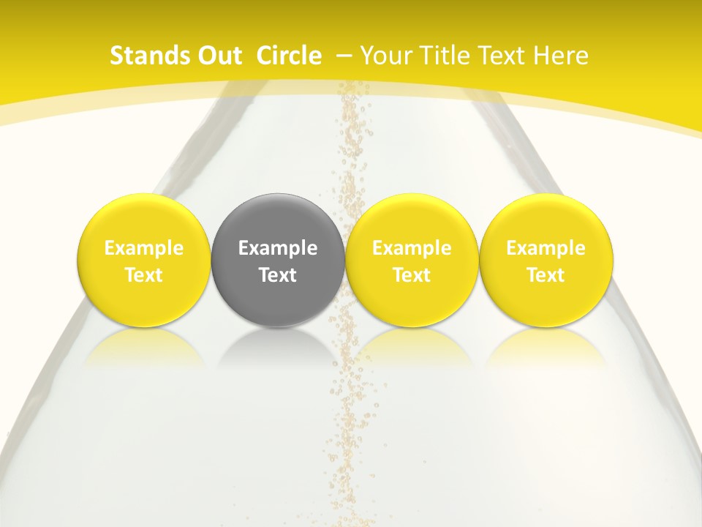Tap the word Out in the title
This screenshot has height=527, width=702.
(x=216, y=56)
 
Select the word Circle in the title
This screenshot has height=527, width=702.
(x=289, y=56)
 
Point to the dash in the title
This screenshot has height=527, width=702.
(x=344, y=56)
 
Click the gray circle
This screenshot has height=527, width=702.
(x=278, y=260)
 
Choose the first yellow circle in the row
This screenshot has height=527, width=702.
(x=144, y=260)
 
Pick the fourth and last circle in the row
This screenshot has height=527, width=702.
(x=546, y=260)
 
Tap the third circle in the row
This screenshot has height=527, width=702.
(x=412, y=260)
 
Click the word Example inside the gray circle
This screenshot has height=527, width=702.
(x=278, y=248)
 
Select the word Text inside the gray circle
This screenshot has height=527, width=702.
(x=278, y=275)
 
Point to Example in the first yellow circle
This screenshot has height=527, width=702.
(x=144, y=248)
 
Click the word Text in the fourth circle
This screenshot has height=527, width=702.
(x=546, y=275)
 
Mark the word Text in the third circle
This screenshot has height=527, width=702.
(x=412, y=275)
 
